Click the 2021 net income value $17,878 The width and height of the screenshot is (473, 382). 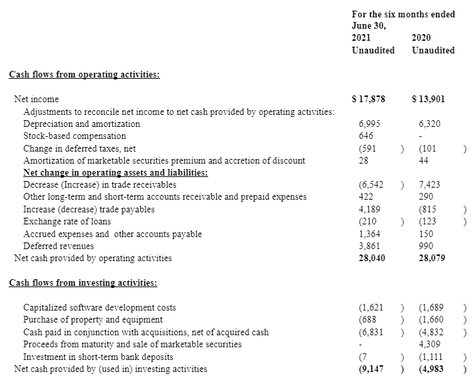368,100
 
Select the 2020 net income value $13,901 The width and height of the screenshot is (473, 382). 429,100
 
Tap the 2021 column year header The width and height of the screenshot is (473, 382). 361,37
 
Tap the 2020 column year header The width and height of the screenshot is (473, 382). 422,37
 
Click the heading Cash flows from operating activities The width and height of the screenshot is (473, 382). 84,75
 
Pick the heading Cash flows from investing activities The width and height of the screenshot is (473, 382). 83,282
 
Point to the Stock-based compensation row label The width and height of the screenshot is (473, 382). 75,136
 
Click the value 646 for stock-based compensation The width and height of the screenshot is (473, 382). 366,136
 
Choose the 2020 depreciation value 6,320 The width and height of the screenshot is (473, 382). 430,124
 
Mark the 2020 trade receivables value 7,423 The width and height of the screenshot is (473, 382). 430,185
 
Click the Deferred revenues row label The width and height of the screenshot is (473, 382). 59,246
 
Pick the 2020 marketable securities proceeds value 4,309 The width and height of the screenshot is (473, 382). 430,345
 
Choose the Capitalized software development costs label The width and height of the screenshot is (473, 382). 100,308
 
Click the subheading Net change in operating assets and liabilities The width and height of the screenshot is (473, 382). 115,173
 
